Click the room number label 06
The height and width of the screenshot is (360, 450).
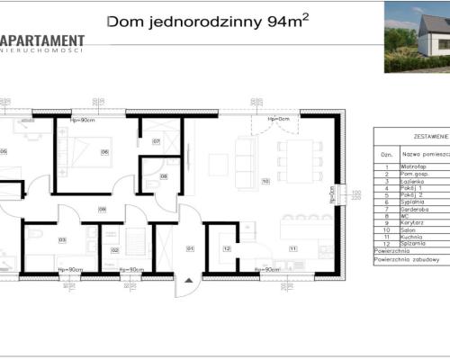click(105, 152)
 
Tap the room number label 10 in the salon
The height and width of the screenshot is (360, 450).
click(265, 181)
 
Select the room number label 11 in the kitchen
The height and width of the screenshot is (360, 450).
click(292, 247)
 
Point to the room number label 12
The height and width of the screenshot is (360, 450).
click(227, 247)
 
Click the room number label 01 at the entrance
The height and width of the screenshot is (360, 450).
click(190, 247)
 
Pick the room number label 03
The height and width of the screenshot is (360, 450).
click(62, 240)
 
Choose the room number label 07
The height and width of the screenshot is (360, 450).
click(156, 142)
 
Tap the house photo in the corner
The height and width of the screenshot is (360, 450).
click(417, 36)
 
